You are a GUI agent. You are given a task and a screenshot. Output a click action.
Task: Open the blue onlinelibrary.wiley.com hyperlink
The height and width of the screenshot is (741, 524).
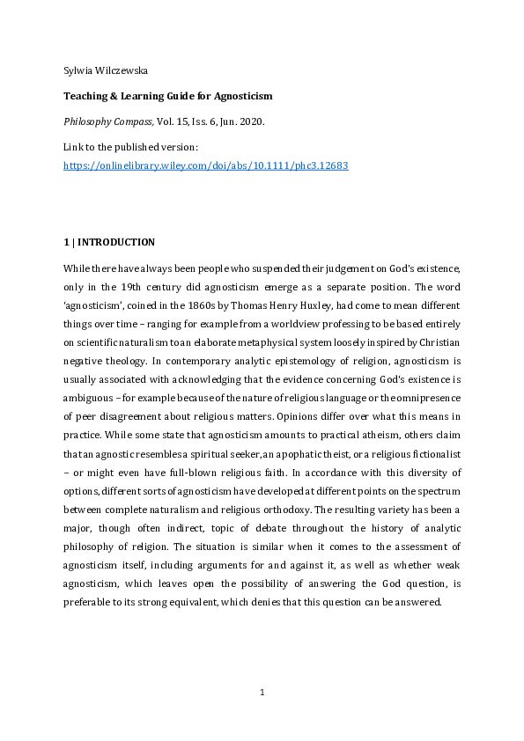206,165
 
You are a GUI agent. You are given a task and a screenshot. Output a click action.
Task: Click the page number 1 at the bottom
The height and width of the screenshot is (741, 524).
262,693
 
